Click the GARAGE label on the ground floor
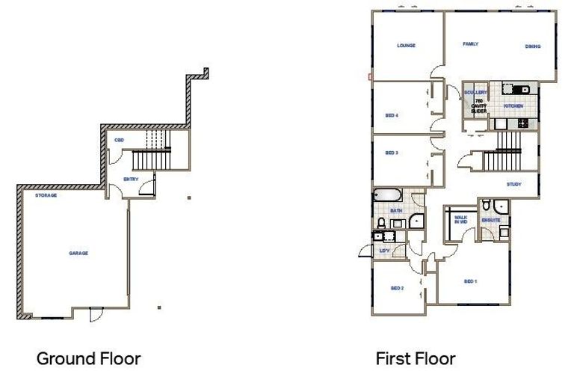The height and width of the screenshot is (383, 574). click(x=78, y=254)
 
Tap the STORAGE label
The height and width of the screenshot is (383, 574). click(x=47, y=195)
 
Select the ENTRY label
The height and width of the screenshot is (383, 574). click(x=131, y=180)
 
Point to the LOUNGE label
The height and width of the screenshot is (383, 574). click(x=406, y=46)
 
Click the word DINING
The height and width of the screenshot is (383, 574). click(x=532, y=46)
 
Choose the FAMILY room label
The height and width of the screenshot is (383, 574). click(x=470, y=44)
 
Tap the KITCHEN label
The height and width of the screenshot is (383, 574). click(x=513, y=107)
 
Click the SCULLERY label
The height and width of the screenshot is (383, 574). click(x=476, y=93)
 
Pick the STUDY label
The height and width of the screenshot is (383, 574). click(x=513, y=184)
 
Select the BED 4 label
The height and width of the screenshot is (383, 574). click(x=391, y=116)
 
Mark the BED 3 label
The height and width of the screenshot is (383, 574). click(x=391, y=153)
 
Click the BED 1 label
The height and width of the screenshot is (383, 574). click(x=470, y=281)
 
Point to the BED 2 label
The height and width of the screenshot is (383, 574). click(x=397, y=288)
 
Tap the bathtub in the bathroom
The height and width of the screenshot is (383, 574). click(x=388, y=196)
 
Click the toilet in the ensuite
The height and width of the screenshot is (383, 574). click(x=487, y=206)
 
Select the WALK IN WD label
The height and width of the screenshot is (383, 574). click(x=461, y=221)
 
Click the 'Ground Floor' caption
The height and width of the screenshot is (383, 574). click(x=88, y=359)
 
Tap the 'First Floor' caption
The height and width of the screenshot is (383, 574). click(x=416, y=359)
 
